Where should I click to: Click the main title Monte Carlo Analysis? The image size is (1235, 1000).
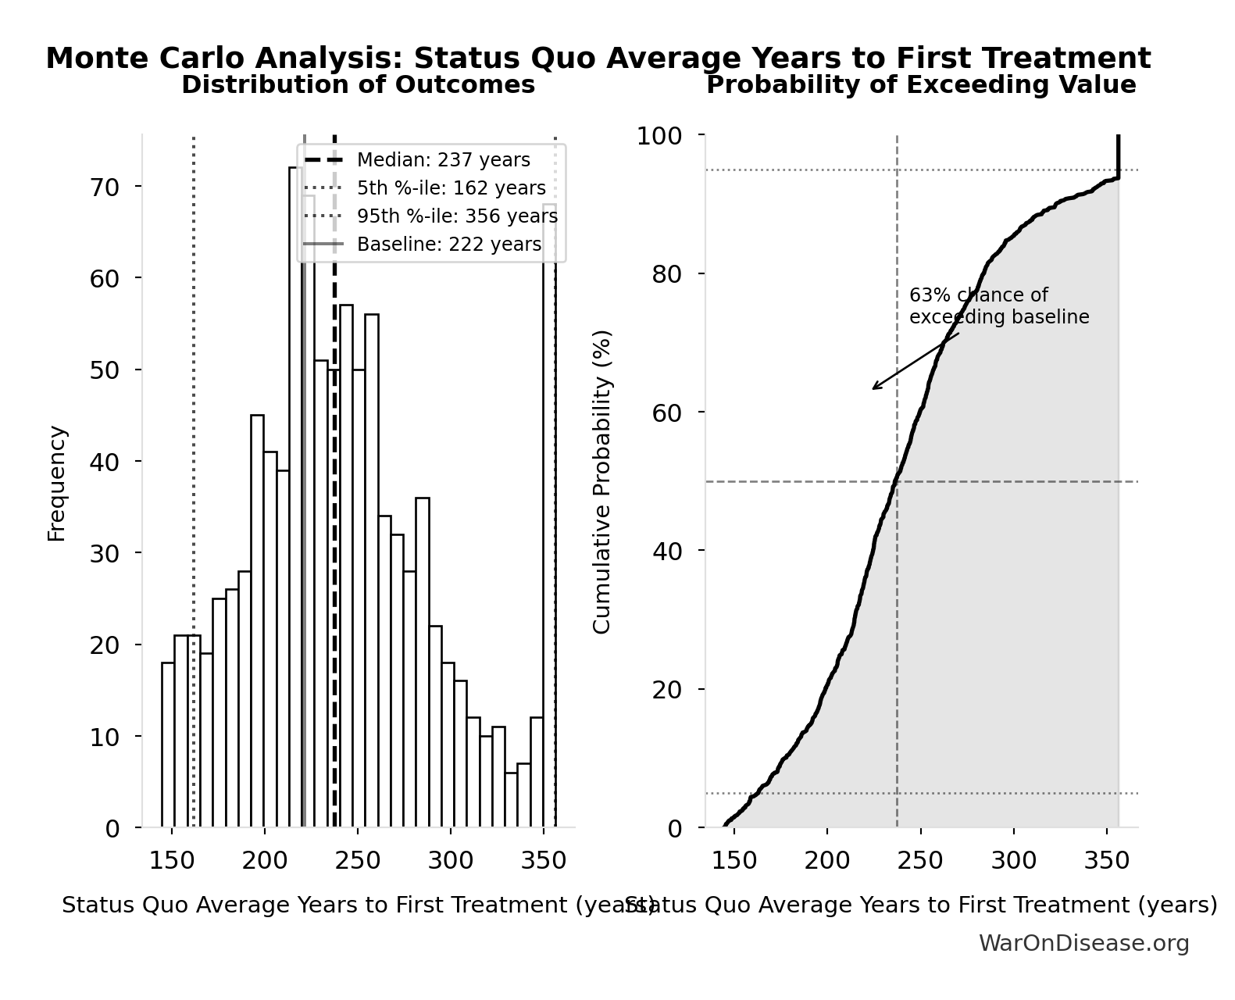(x=598, y=59)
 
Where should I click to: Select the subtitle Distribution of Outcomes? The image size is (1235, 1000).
(x=358, y=84)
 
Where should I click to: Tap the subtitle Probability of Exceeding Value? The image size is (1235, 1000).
(x=921, y=84)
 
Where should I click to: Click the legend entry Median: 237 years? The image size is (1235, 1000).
(x=443, y=160)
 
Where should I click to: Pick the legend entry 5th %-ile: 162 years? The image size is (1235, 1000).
(x=451, y=188)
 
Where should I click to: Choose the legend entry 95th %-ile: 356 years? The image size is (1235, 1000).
(x=457, y=216)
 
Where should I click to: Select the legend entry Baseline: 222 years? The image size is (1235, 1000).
(x=448, y=245)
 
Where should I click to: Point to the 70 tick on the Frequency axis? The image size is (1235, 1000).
(x=105, y=187)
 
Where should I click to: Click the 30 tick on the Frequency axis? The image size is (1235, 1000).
(x=105, y=553)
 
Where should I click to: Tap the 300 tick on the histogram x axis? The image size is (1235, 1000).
(x=451, y=861)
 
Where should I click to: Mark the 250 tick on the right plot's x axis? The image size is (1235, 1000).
(x=920, y=861)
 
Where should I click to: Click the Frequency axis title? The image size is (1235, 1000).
(x=57, y=483)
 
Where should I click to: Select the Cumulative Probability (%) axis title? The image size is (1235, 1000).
(x=601, y=482)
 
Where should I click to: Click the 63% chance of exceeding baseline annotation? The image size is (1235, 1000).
(x=998, y=306)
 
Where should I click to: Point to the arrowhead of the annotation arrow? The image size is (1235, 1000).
(x=874, y=388)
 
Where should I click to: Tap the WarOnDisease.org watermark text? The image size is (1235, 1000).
(x=1083, y=943)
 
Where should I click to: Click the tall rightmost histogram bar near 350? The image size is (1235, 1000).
(x=549, y=516)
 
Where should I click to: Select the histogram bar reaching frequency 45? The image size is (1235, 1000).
(x=257, y=621)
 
